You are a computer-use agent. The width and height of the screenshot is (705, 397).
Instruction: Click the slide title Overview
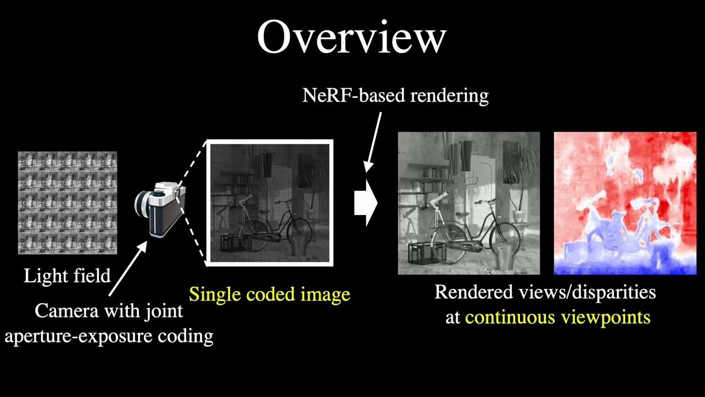pyautogui.click(x=351, y=37)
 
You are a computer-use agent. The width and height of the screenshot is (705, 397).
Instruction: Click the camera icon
pyautogui.click(x=160, y=210)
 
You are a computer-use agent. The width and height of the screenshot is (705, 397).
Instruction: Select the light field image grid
pyautogui.click(x=68, y=202)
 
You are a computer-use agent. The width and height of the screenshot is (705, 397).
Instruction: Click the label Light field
pyautogui.click(x=67, y=275)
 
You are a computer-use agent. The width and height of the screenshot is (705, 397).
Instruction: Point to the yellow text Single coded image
pyautogui.click(x=269, y=294)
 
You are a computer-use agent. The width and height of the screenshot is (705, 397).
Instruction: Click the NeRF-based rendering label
pyautogui.click(x=395, y=96)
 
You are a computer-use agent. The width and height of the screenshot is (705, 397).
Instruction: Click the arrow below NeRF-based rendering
pyautogui.click(x=373, y=141)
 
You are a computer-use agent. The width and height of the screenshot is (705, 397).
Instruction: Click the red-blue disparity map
pyautogui.click(x=625, y=203)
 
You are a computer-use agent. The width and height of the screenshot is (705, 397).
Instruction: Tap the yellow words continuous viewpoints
pyautogui.click(x=557, y=318)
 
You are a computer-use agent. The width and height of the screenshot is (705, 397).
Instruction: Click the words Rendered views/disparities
pyautogui.click(x=545, y=292)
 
